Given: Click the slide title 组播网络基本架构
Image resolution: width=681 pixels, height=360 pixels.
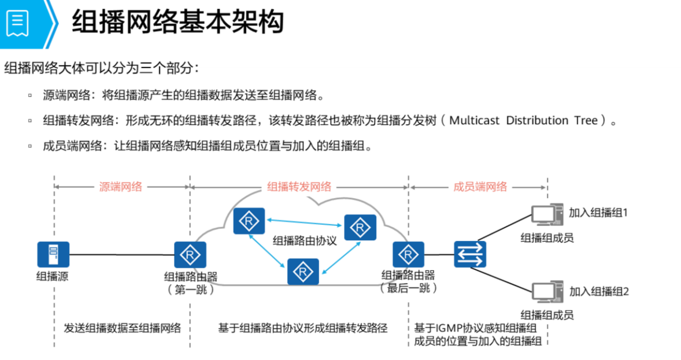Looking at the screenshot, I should click(178, 23).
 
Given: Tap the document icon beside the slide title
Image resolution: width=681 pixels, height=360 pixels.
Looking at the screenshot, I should click(17, 23).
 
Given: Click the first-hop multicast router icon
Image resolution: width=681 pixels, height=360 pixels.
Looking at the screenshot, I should click(190, 255).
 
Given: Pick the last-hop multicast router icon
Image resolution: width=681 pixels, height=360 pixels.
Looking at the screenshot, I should click(409, 255).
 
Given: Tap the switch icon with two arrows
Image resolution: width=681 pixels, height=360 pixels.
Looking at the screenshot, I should click(470, 255).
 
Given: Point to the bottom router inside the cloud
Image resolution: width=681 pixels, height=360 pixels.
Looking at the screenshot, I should click(303, 271).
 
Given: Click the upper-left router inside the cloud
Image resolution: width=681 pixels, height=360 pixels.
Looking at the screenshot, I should click(249, 221).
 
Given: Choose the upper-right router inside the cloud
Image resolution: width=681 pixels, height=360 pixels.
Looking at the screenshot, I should click(360, 227).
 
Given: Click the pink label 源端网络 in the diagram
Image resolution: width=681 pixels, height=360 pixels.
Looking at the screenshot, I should click(120, 187).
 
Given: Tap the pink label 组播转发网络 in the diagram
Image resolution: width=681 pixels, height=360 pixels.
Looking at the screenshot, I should click(299, 187).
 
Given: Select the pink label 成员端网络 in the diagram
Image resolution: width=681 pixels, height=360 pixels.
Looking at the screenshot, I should click(480, 187).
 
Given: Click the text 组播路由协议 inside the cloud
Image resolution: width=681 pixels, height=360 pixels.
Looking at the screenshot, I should click(305, 240).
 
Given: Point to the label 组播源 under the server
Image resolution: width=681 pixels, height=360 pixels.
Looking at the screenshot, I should click(53, 277).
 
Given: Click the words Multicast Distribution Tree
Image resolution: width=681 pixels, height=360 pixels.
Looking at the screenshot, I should click(523, 121).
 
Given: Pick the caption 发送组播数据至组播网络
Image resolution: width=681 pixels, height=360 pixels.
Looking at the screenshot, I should click(122, 328).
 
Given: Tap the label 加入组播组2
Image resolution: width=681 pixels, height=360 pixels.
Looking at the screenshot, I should click(599, 291).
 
